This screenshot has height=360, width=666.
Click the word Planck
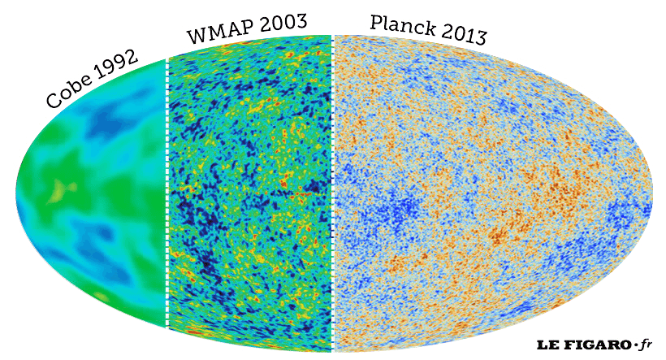tap(399, 25)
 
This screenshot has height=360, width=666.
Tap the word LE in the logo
tap(546, 345)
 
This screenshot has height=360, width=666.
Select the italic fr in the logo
tap(646, 344)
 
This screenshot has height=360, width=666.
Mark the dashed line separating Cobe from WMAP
tap(166, 195)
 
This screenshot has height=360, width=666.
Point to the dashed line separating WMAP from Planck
tap(333, 195)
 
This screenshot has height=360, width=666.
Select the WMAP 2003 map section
tap(250, 195)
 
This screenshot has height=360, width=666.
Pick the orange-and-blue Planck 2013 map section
tap(487, 195)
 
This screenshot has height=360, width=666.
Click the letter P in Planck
tap(376, 22)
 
